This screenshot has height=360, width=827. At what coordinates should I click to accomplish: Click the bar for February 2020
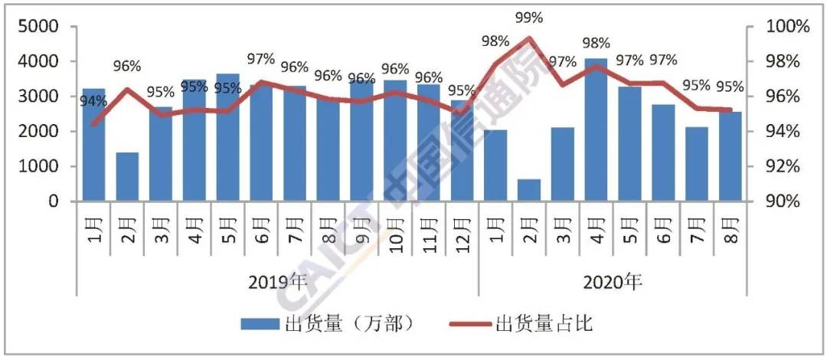coord(528,190)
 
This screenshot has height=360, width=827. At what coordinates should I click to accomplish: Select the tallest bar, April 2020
coord(596,130)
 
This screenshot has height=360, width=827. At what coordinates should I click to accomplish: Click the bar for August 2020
coord(730,157)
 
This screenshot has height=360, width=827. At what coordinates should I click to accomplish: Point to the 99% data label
coord(528,17)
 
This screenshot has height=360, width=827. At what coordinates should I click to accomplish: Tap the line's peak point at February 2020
coord(528,38)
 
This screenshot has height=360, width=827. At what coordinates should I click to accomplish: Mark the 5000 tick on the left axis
coord(43,27)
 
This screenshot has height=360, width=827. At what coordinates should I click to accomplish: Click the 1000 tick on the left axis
coord(43,166)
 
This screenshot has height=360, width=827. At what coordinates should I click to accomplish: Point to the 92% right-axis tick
coord(785,166)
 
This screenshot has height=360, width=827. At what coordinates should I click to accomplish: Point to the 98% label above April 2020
coord(596,44)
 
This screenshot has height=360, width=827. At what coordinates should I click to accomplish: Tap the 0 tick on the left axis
coord(54,201)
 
